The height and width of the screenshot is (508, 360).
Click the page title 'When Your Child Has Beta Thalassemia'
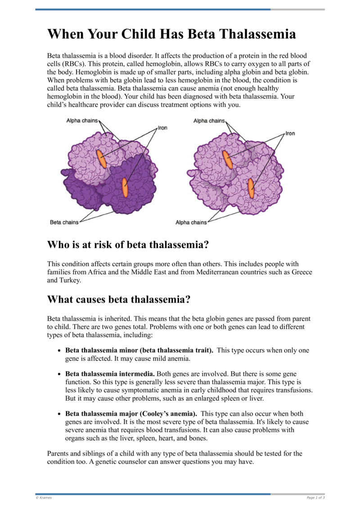point(171,35)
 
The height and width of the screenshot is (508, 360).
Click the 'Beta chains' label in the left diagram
point(64,222)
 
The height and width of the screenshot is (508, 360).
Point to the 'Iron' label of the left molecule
point(162,128)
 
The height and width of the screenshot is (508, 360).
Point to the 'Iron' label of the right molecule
point(290,134)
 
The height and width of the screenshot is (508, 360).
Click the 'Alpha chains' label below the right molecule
point(191,223)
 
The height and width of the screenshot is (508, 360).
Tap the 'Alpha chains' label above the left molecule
point(82,120)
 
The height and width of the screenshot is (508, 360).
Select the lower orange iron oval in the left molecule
point(125,187)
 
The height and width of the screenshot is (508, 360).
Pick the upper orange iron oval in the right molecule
point(227,160)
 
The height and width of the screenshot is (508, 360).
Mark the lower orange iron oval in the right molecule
point(251,188)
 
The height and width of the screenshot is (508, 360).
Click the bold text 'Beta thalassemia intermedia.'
point(110,374)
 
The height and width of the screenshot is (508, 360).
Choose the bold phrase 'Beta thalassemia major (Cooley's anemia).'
point(131,414)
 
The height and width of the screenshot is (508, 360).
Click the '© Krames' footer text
point(44,498)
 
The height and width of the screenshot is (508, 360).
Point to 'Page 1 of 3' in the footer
point(315,498)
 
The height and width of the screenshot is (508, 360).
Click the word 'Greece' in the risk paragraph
point(301,272)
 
